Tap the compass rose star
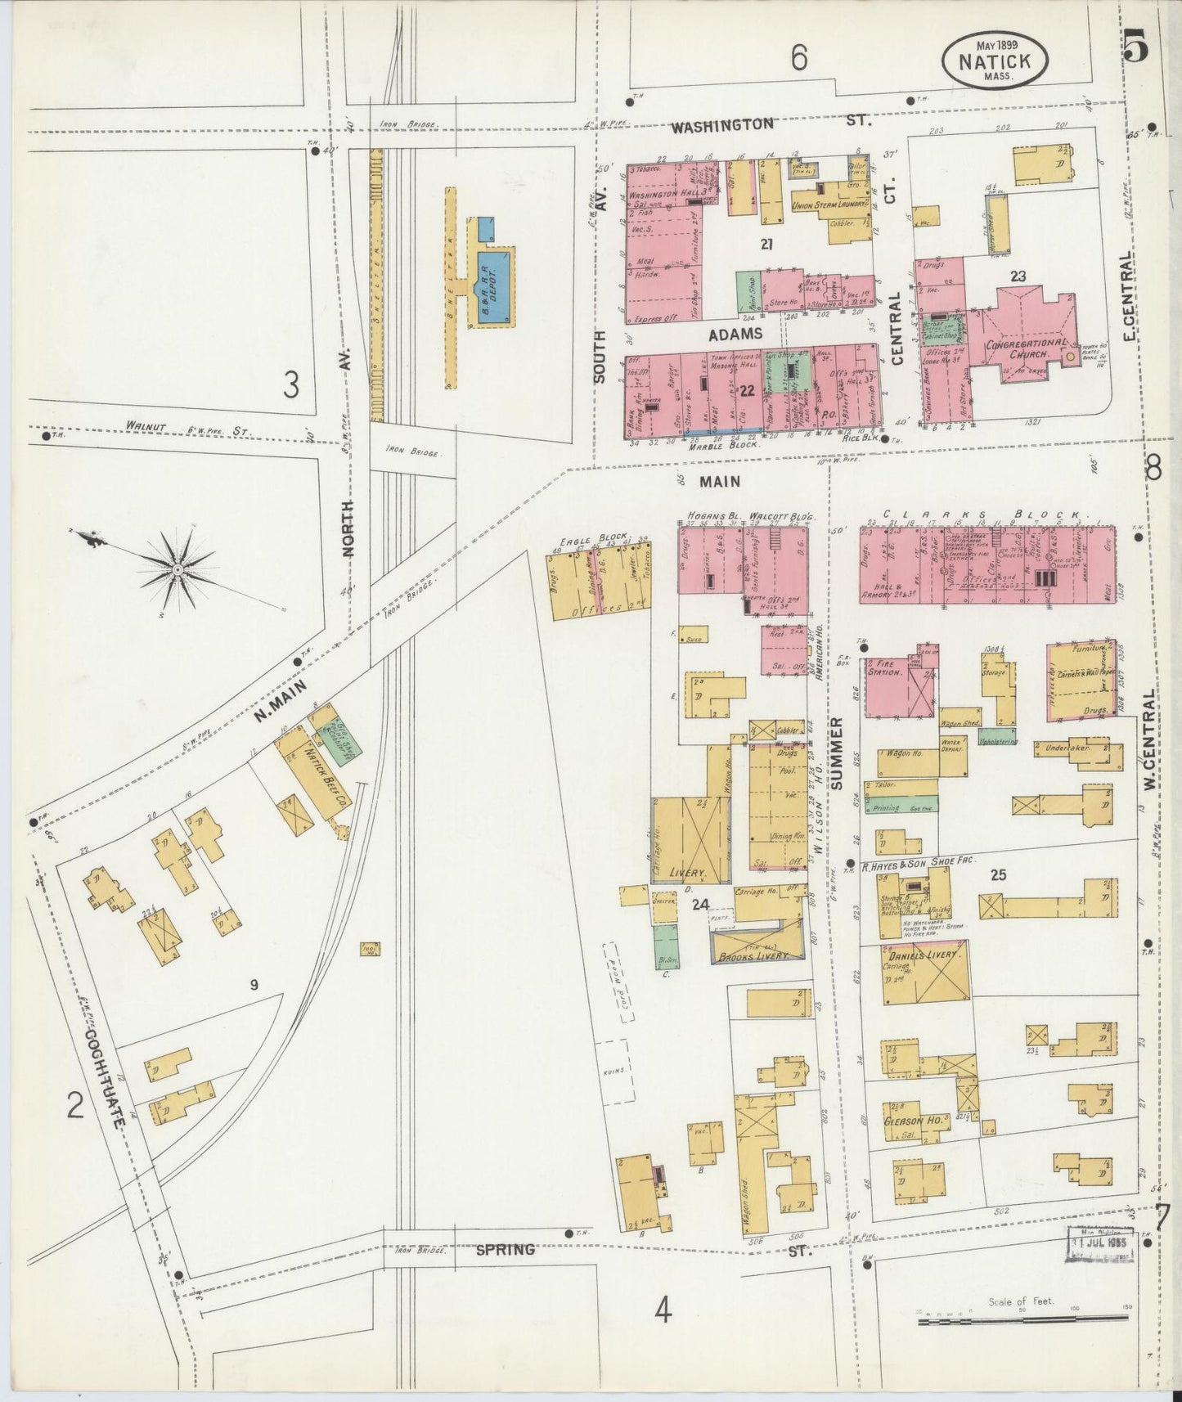[177, 568]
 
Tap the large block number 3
[290, 384]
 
